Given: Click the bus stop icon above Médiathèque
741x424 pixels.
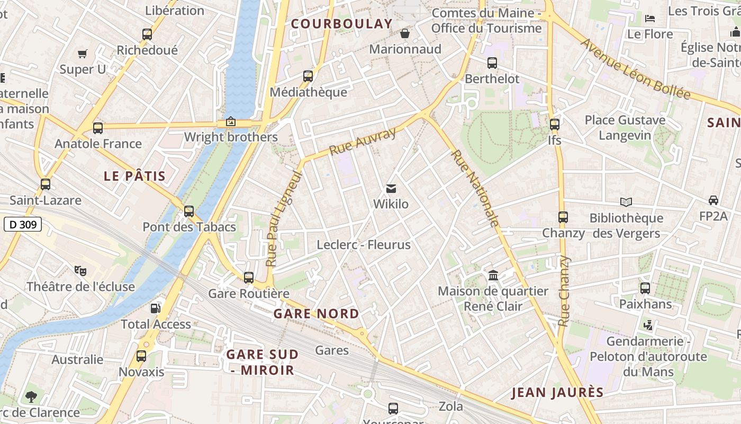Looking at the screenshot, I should (308, 76).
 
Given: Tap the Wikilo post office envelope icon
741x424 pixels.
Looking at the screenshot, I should (391, 188).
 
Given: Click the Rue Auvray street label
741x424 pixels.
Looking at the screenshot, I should (363, 142).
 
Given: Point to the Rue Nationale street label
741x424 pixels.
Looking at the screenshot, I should (475, 188).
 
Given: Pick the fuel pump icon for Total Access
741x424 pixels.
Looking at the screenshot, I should (156, 307).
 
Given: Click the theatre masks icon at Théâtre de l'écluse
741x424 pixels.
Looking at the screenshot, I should (80, 270).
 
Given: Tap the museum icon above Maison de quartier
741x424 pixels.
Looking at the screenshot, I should (493, 275).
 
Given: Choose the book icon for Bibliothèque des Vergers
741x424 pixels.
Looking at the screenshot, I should (626, 202).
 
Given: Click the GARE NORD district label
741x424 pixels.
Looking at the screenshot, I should (316, 313).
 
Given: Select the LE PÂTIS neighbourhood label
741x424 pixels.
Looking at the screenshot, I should (135, 176).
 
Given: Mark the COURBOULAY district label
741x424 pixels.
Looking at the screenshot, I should (342, 24).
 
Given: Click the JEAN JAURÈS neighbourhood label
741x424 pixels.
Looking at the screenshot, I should (557, 393).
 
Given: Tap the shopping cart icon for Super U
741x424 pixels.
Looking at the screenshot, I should (83, 54).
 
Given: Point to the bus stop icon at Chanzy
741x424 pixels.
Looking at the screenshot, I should (563, 217).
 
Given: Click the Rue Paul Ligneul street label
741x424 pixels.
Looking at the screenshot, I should (283, 218).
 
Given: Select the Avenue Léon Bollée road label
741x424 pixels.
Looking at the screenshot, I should (635, 69).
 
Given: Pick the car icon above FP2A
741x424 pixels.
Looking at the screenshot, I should (713, 200).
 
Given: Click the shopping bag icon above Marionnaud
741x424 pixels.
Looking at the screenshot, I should (405, 33).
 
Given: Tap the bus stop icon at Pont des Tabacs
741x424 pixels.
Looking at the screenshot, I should (189, 211).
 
